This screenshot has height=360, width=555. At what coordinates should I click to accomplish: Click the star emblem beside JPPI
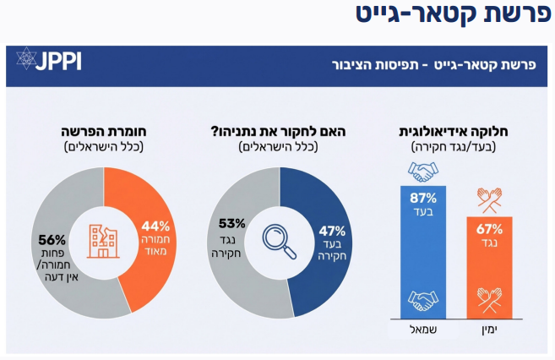[26, 59]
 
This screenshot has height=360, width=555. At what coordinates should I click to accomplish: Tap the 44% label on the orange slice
[156, 226]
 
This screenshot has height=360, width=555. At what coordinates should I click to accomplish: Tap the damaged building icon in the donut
[104, 240]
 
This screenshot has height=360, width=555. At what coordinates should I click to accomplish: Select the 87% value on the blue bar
[422, 198]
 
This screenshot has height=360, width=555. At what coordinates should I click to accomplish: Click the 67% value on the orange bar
[489, 228]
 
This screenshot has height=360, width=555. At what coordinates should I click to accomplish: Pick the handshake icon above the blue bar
[422, 172]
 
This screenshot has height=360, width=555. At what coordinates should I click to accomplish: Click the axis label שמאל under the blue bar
[422, 327]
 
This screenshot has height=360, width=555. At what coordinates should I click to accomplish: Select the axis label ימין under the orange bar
[489, 327]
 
